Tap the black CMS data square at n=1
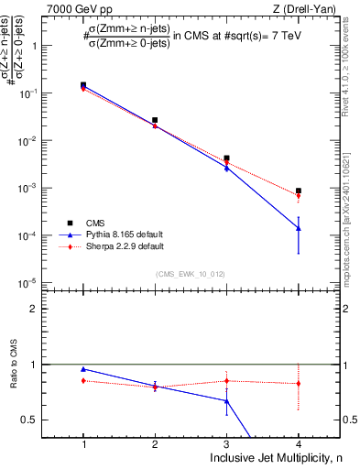pyautogui.click(x=83, y=85)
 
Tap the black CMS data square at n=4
pyautogui.click(x=299, y=191)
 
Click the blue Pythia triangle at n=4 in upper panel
pyautogui.click(x=299, y=228)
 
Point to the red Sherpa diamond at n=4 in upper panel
pyautogui.click(x=299, y=195)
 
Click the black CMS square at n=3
pyautogui.click(x=226, y=158)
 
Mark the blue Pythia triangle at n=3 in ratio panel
pyautogui.click(x=226, y=400)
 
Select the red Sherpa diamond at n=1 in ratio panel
pyautogui.click(x=83, y=380)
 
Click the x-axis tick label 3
pyautogui.click(x=226, y=444)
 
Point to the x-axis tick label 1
pyautogui.click(x=83, y=444)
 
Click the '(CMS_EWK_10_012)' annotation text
pyautogui.click(x=191, y=273)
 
